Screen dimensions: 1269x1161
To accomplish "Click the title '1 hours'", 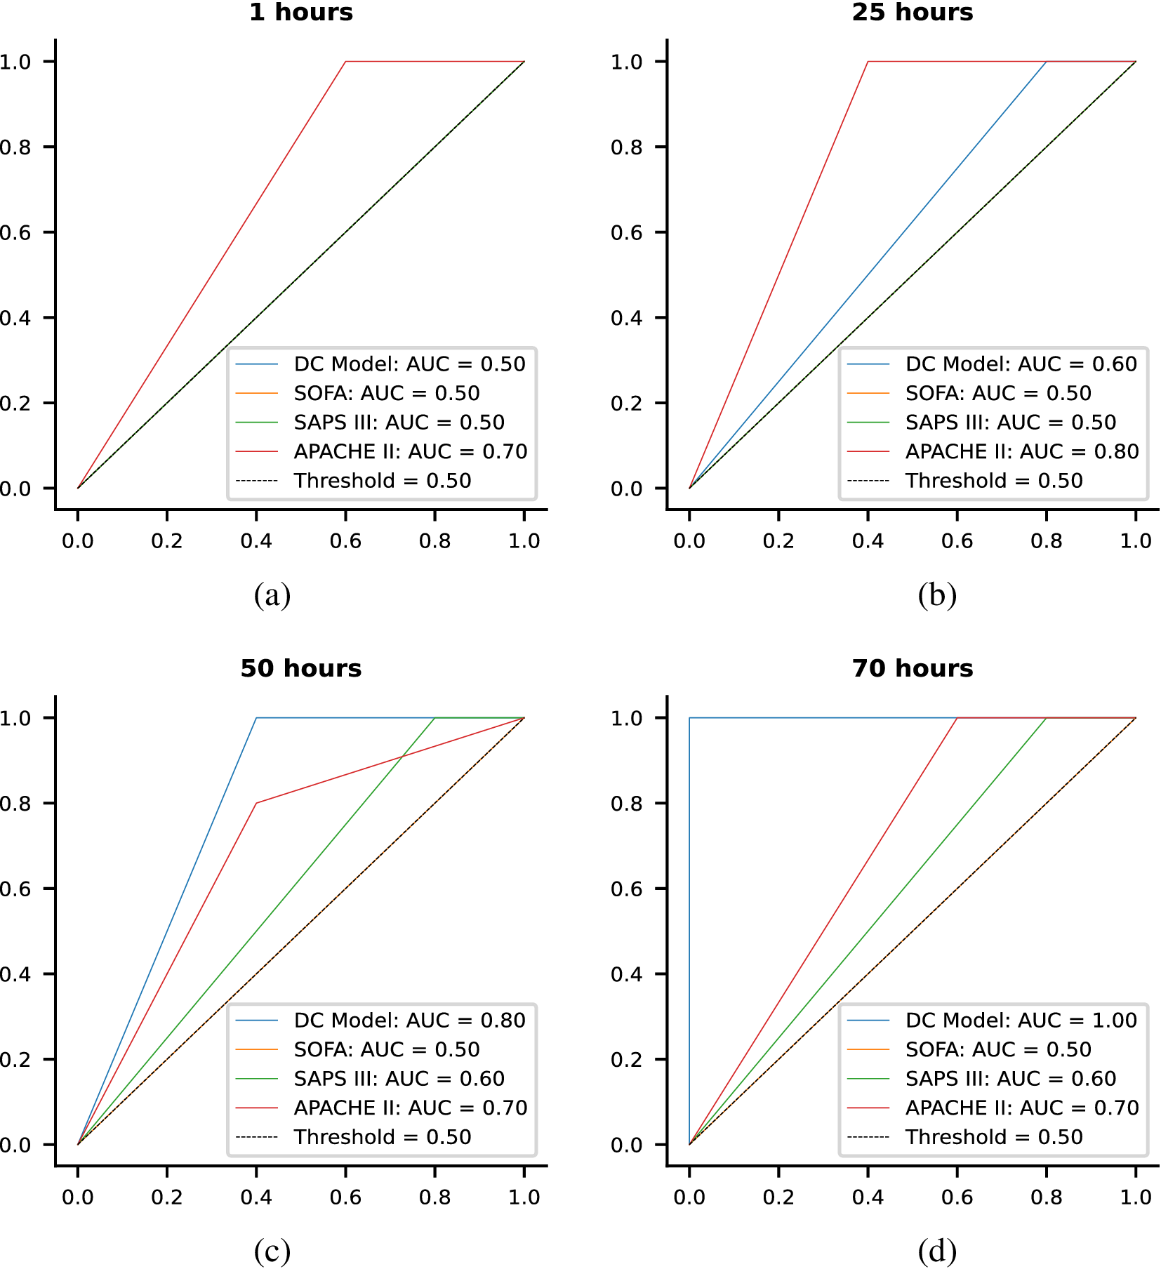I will click(x=301, y=13).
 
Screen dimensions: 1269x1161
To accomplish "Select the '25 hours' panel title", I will click(x=913, y=13).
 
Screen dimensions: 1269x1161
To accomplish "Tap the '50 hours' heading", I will click(x=301, y=668).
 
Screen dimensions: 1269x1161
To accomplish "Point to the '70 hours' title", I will click(x=913, y=668).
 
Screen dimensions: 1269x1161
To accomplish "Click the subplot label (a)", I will click(x=272, y=595).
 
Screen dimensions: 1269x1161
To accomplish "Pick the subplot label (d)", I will click(x=937, y=1251).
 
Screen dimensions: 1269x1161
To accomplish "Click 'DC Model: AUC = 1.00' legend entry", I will click(x=1021, y=1020).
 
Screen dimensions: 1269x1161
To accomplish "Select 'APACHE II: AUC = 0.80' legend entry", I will click(x=1021, y=451).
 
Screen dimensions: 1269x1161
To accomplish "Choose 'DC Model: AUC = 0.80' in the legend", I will click(x=409, y=1020).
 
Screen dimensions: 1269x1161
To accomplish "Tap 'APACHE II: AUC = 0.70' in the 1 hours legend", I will click(x=410, y=451).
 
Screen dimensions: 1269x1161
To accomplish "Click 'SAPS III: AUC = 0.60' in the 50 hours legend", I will click(x=399, y=1078).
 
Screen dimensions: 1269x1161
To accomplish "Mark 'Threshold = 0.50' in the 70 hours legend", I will click(x=994, y=1136).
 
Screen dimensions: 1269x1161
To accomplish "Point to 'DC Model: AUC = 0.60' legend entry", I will click(x=1021, y=364).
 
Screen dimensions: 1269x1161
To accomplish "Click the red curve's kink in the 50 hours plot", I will click(x=256, y=803).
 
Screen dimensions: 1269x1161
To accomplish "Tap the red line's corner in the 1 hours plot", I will click(x=345, y=62).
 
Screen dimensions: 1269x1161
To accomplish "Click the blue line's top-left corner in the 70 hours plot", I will click(x=689, y=718).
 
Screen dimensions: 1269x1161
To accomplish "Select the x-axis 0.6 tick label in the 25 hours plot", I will click(x=957, y=541).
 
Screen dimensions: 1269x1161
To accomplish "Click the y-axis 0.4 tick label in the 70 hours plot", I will click(x=626, y=974).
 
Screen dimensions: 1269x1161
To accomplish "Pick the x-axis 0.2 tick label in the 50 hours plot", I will click(x=167, y=1197).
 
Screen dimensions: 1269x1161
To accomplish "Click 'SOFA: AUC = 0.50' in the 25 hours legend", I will click(x=997, y=393).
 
